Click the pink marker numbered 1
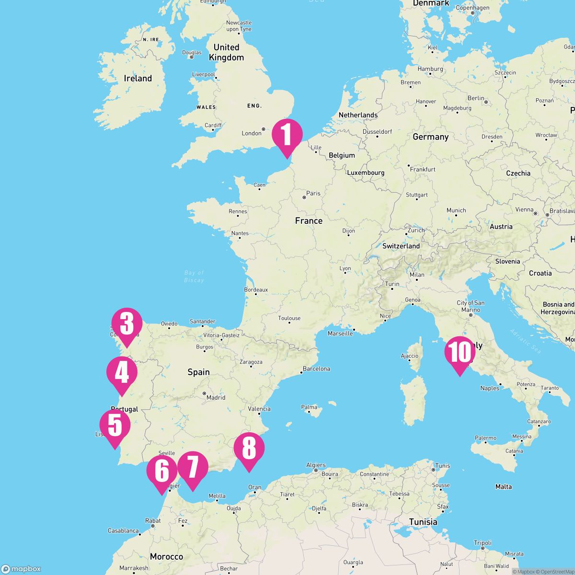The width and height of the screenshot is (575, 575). (287, 135)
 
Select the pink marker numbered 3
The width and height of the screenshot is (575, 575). (127, 324)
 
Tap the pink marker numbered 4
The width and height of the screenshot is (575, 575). (122, 373)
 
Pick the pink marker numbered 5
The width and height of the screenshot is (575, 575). (115, 426)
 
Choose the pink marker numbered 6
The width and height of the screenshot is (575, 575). (162, 472)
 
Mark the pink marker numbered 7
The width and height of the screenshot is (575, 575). (193, 468)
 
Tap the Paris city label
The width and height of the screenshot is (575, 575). (313, 194)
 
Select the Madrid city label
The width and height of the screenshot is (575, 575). (216, 397)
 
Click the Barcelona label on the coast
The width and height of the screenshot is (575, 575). (316, 369)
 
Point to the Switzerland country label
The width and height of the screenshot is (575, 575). (401, 246)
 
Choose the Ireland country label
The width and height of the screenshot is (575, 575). (138, 78)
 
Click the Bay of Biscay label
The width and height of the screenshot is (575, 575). (194, 276)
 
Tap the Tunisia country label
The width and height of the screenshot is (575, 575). (423, 522)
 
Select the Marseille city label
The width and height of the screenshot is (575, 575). (340, 333)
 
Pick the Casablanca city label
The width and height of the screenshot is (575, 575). (123, 531)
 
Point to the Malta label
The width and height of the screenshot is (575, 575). (503, 486)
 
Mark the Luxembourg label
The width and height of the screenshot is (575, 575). (366, 172)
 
